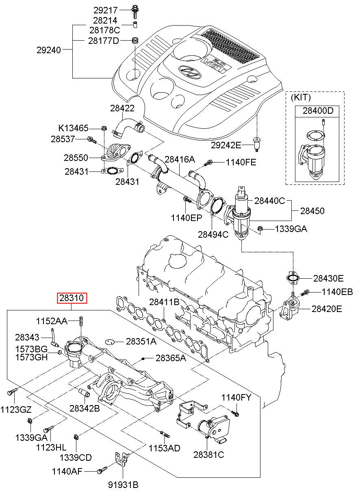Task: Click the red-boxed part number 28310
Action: pos(72,298)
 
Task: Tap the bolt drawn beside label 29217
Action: pos(134,11)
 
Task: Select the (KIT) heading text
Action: pos(301,97)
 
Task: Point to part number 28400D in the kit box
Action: pos(318,111)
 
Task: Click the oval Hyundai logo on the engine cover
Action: pos(190,72)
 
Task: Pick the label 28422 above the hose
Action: pos(122,108)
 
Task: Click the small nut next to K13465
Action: pos(104,128)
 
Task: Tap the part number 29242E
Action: pos(226,145)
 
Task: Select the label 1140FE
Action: pos(241,163)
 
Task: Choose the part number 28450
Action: pos(312,211)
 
